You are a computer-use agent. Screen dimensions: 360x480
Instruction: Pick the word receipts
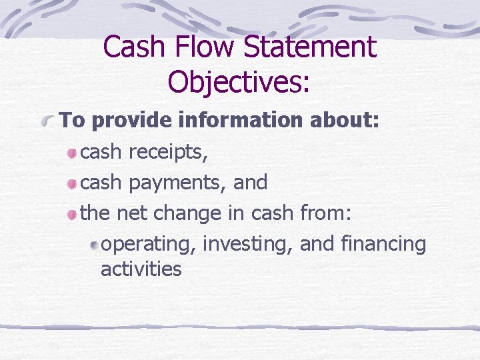click(168, 152)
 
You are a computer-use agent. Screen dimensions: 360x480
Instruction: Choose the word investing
click(248, 245)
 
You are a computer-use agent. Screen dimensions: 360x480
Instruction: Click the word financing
click(383, 245)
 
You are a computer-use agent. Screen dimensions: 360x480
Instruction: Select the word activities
click(141, 269)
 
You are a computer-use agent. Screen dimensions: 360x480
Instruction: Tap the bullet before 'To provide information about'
click(48, 122)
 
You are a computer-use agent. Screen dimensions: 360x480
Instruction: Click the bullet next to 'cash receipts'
click(71, 153)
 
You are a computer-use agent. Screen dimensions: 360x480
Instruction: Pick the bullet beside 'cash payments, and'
click(71, 183)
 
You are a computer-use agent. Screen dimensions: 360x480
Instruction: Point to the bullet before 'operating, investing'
click(95, 245)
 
